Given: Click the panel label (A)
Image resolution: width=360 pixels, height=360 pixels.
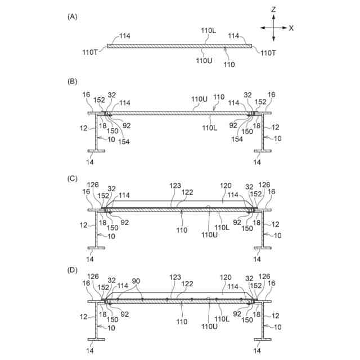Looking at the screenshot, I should pos(71,17).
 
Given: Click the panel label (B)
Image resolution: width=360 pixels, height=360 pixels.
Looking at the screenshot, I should pos(71,82).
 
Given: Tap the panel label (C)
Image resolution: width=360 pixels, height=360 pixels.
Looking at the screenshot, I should pos(71,178).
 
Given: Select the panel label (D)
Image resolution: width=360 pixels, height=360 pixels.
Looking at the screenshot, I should pos(71,269).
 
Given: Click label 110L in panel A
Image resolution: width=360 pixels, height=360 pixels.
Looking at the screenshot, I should pos(209,33).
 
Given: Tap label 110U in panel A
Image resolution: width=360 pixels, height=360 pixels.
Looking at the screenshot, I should pos(204,60).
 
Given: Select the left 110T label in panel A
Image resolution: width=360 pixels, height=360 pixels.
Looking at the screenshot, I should pos(90,52).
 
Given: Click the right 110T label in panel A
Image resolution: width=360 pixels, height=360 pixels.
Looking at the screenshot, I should pos(267,52).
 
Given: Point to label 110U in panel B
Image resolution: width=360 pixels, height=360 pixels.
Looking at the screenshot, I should pos(199,99).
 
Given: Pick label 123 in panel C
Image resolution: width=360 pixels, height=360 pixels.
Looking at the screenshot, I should pos(175,184).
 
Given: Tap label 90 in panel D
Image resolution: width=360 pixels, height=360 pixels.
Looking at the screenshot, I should pos(136,281).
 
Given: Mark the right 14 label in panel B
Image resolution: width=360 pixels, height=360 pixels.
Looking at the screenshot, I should pos(257,162).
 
